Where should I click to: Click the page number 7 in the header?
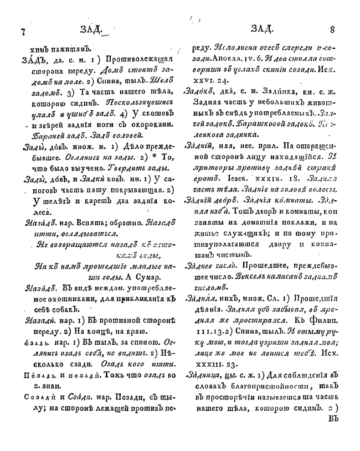pyautogui.click(x=22, y=30)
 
